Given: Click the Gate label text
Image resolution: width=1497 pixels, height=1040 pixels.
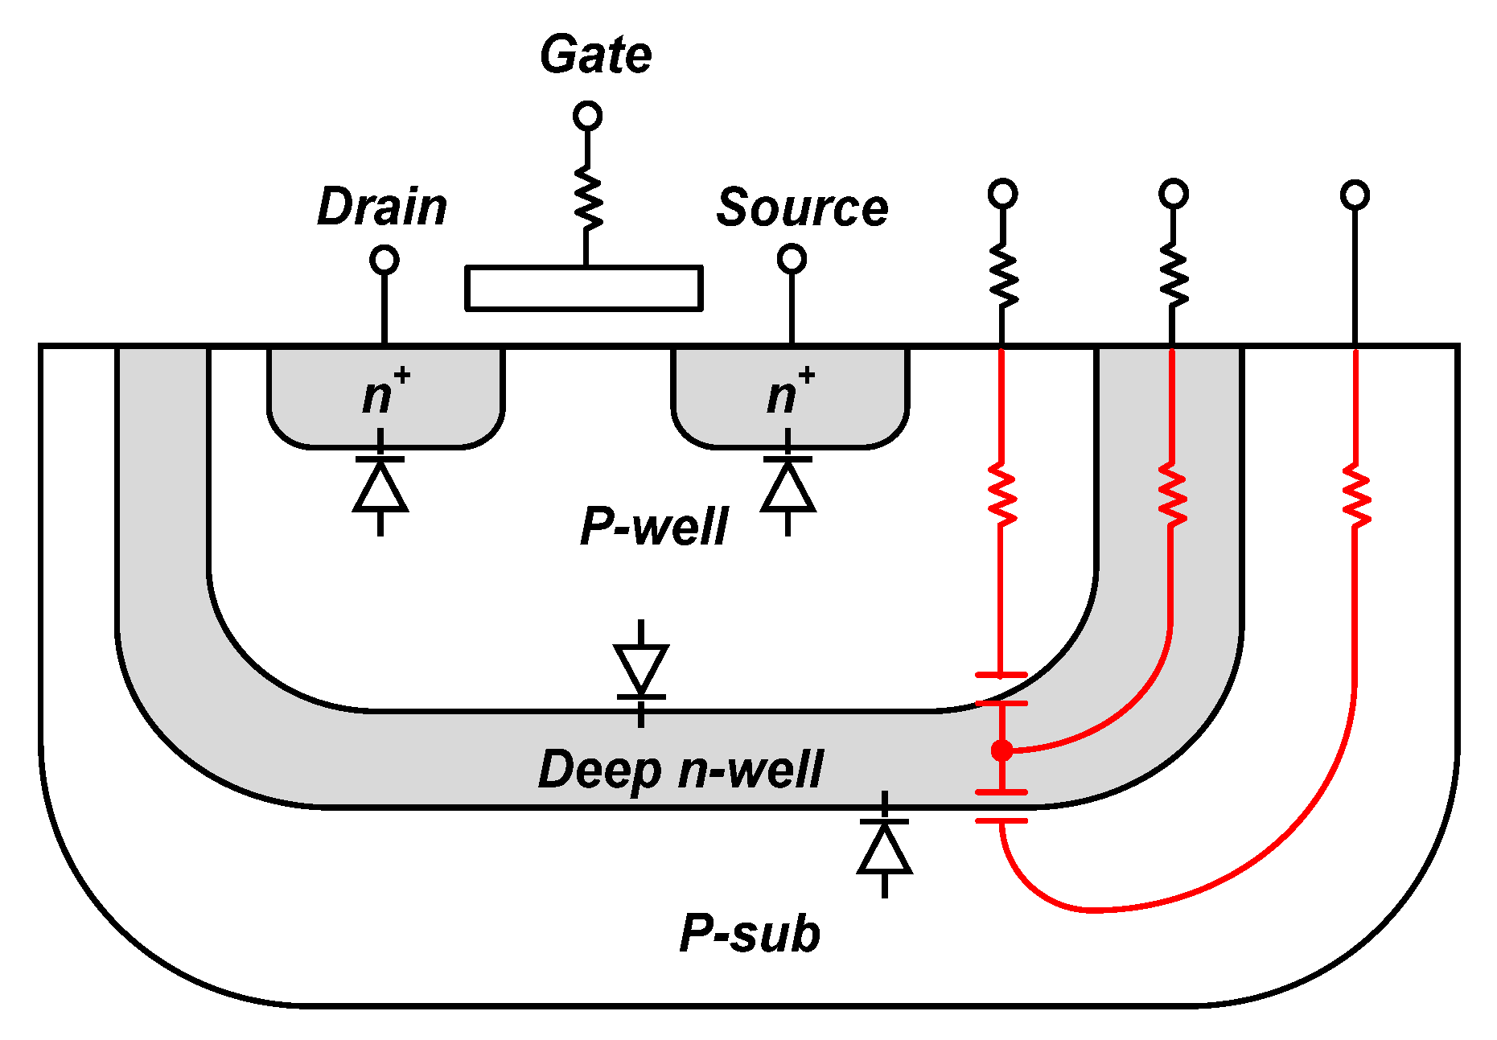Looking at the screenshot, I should point(595,55).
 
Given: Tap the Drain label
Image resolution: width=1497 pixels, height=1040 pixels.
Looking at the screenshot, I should point(382,207).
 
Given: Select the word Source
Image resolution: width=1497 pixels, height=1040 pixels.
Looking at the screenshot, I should point(802,208).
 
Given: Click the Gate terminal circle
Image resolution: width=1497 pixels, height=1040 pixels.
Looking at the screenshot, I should point(587,116).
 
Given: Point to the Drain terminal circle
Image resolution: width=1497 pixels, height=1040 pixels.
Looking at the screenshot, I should point(385,260).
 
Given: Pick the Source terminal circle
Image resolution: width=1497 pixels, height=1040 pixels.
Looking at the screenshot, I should point(792,259).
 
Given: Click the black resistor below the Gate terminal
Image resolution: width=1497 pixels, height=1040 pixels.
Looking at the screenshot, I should point(587,197).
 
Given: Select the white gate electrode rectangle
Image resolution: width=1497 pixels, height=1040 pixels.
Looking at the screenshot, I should point(584,288).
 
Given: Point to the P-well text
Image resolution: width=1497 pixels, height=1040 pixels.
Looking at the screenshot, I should point(653,527).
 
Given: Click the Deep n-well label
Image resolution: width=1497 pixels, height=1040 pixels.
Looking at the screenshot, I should point(680,770).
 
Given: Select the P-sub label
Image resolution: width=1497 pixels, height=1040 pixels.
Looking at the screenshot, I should point(749,934).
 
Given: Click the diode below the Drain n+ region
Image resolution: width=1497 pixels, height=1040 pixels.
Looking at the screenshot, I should point(380,485).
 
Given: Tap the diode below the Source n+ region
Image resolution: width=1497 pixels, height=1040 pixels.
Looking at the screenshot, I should point(788,485).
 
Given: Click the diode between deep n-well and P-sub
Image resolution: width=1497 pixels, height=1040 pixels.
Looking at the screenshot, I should point(885,846).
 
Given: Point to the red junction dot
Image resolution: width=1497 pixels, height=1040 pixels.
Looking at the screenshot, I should point(1001,750).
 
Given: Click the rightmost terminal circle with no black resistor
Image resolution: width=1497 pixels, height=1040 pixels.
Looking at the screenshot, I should point(1355,195).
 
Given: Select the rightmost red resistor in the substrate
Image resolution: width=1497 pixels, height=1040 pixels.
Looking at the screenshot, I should point(1355,495).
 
